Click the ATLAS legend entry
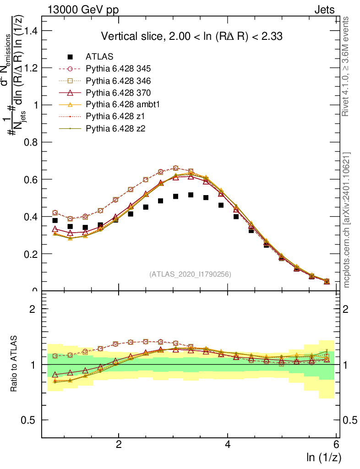[99, 57]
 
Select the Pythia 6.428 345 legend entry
[118, 69]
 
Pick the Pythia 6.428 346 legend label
[118, 81]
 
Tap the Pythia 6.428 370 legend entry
[118, 93]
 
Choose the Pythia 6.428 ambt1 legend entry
[121, 104]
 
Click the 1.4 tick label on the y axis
[32, 31]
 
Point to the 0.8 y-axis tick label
[32, 142]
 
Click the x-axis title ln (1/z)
[324, 457]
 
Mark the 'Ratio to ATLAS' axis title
[14, 364]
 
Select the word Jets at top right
[324, 10]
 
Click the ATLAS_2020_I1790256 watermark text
[190, 274]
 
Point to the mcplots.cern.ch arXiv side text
[347, 220]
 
